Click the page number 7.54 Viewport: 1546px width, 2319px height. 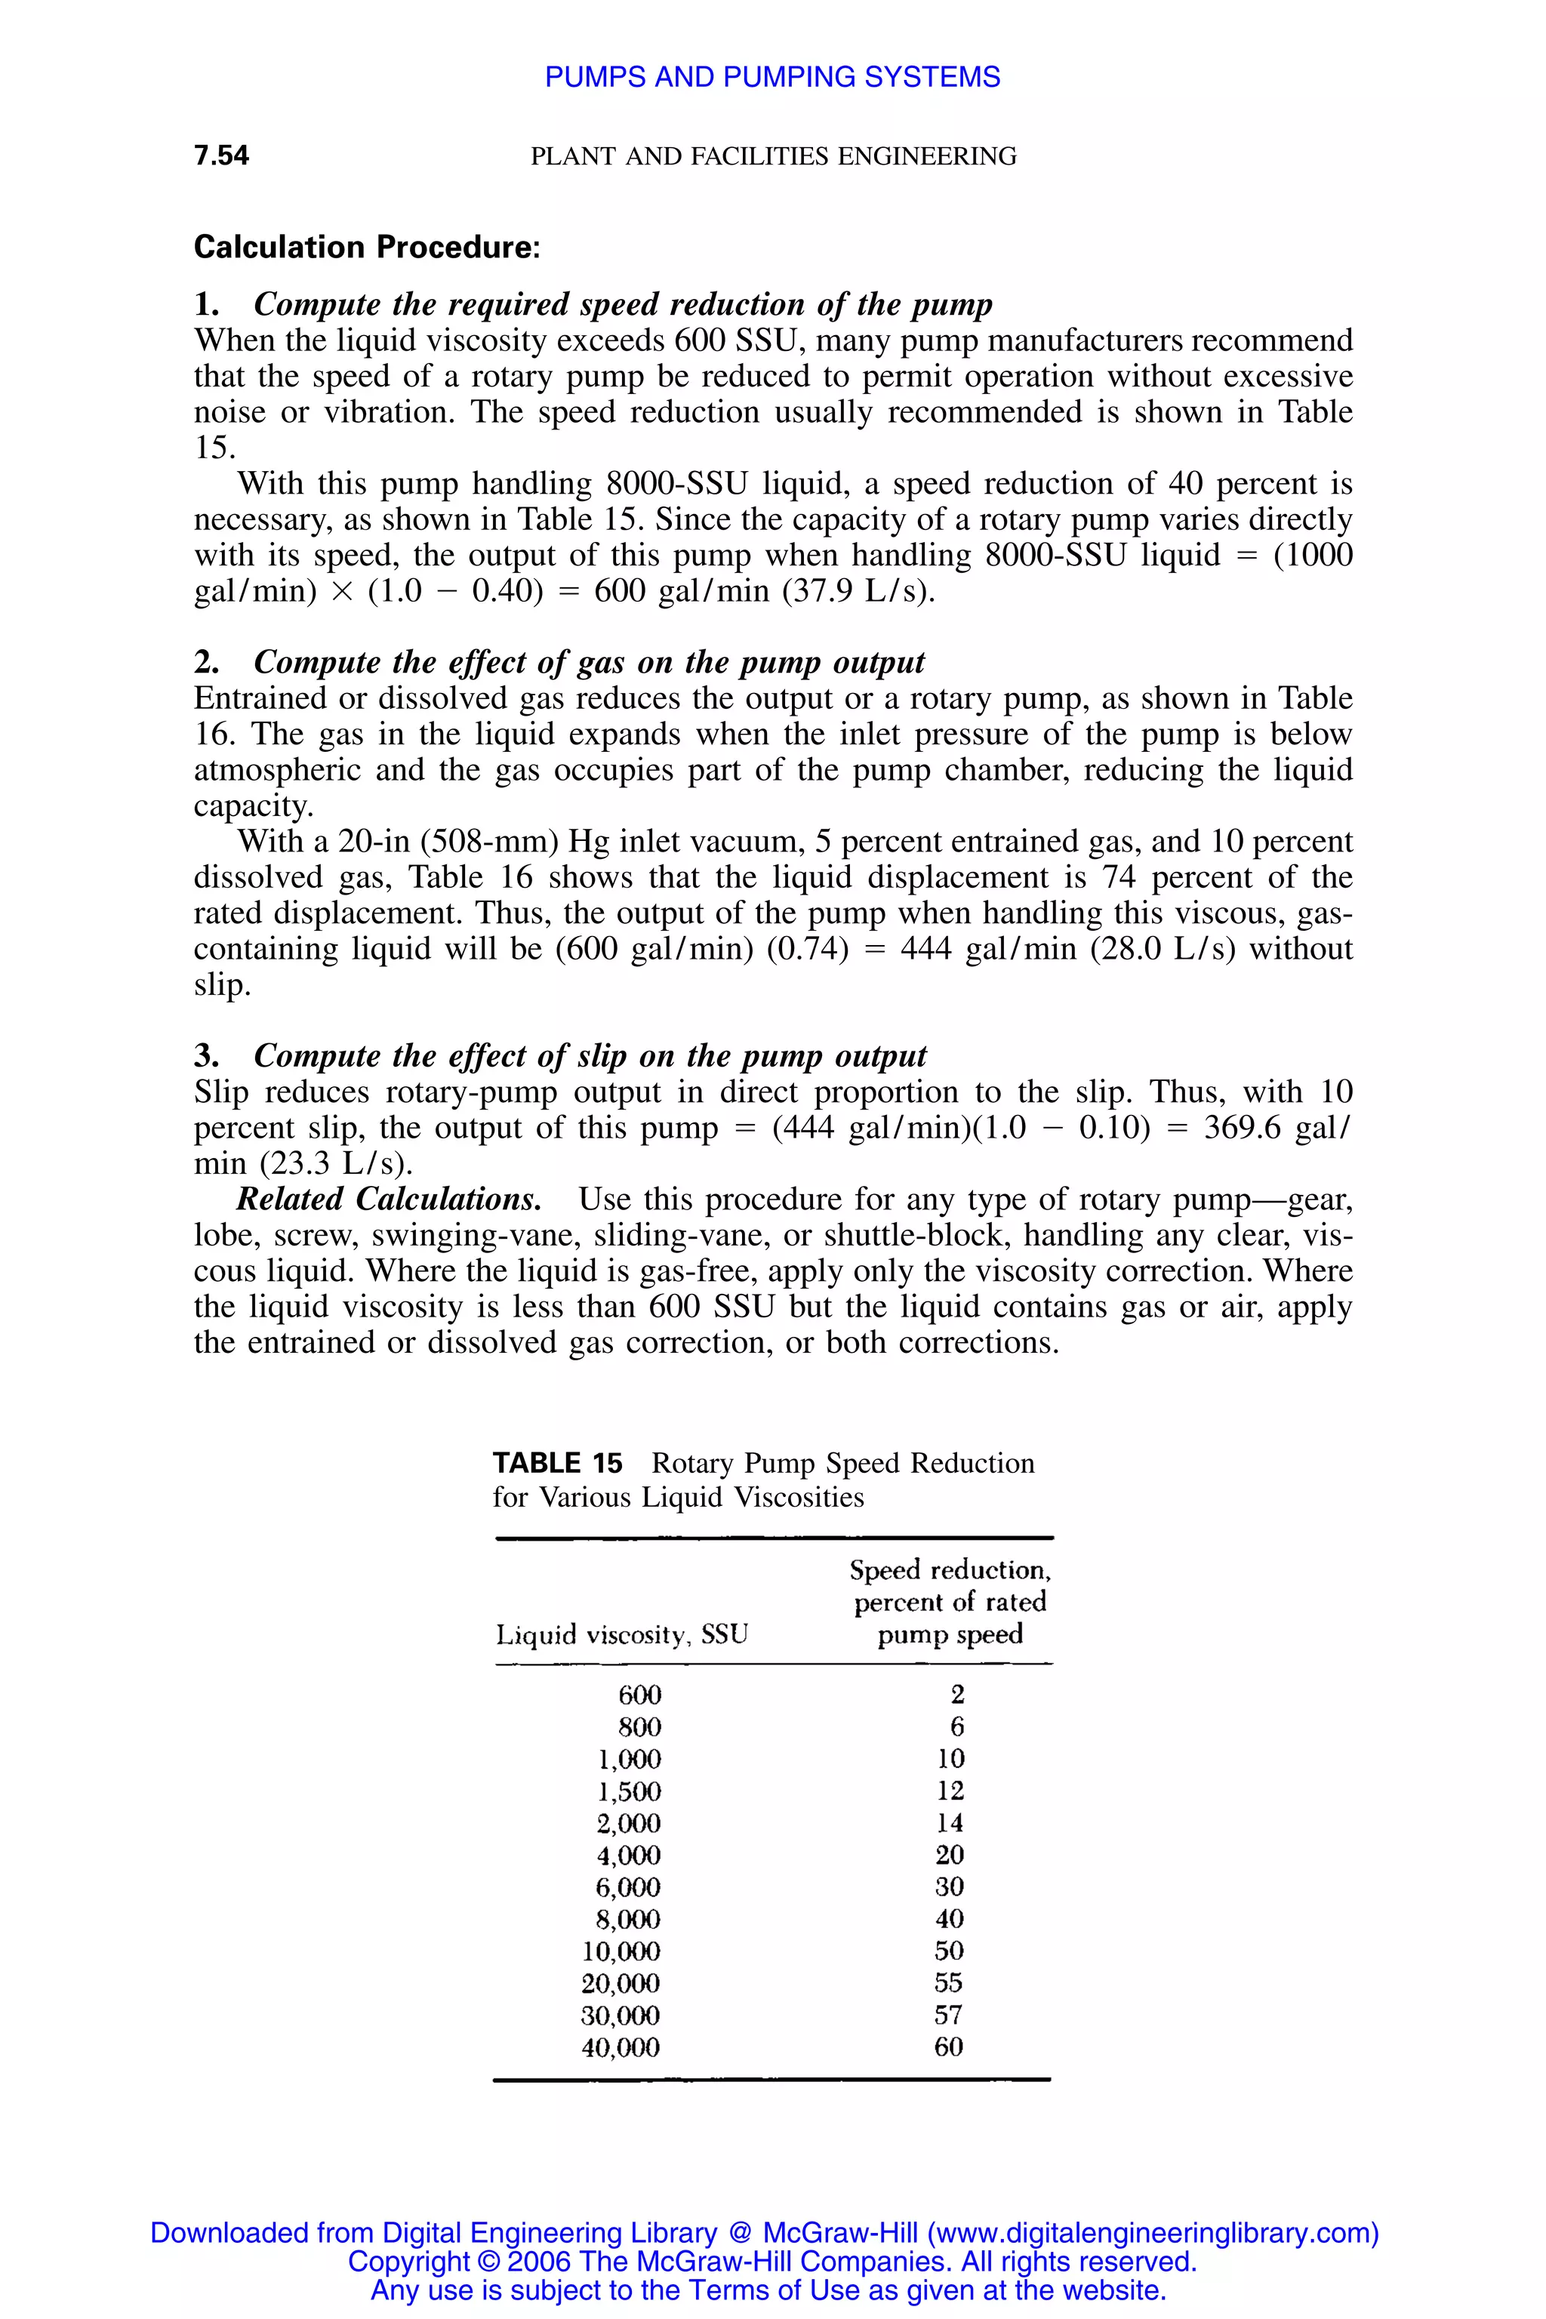pos(222,156)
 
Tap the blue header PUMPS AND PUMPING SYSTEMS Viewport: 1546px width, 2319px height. pos(772,77)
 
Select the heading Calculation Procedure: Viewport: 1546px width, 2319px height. pos(367,247)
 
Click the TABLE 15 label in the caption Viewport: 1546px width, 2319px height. pos(557,1463)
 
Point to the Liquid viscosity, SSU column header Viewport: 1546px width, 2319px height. pos(621,1635)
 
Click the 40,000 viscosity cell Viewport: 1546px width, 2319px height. pos(621,2048)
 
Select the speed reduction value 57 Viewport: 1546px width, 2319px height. pos(948,2016)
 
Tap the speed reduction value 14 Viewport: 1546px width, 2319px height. pos(950,1823)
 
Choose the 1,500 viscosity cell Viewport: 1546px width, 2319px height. pos(629,1791)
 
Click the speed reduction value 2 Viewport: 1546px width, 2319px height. pos(957,1695)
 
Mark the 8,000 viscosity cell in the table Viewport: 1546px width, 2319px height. pos(628,1920)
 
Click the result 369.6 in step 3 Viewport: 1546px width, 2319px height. pos(1243,1128)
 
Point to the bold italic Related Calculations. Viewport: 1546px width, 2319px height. pos(389,1200)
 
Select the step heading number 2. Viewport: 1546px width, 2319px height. pos(206,663)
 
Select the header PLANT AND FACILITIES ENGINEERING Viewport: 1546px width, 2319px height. pos(773,157)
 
